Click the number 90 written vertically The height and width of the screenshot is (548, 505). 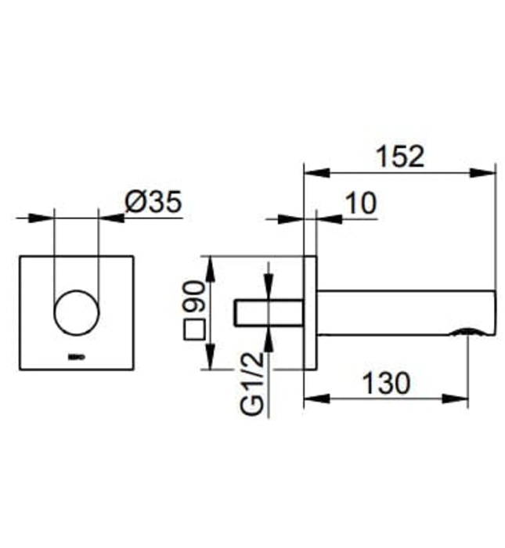tap(193, 298)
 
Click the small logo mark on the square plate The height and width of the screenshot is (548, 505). tap(75, 359)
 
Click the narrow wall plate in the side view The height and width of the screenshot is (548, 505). tap(310, 312)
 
